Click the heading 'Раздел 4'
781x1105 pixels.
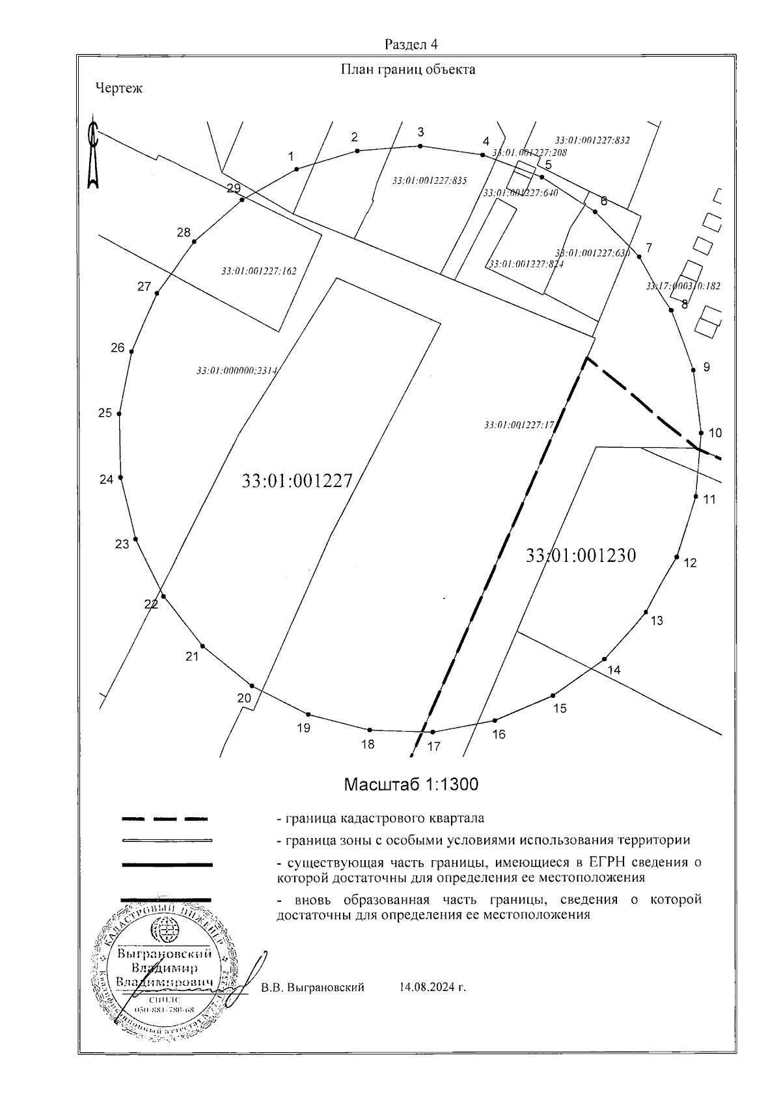pyautogui.click(x=411, y=44)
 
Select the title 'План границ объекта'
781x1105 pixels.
pyautogui.click(x=408, y=70)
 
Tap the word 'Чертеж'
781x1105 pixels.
pyautogui.click(x=118, y=88)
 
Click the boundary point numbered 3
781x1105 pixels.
pyautogui.click(x=420, y=146)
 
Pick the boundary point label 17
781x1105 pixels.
pyautogui.click(x=433, y=747)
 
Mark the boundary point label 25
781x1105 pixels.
pyautogui.click(x=105, y=412)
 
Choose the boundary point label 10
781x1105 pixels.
pyautogui.click(x=715, y=433)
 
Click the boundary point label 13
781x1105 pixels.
pyautogui.click(x=657, y=621)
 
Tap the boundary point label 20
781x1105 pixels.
pyautogui.click(x=244, y=699)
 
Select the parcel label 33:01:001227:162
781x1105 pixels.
pyautogui.click(x=258, y=271)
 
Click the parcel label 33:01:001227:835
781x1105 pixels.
pyautogui.click(x=430, y=180)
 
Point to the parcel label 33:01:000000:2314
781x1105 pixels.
pyautogui.click(x=237, y=371)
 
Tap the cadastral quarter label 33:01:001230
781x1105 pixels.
pyautogui.click(x=581, y=555)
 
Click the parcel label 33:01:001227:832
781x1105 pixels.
pyautogui.click(x=592, y=139)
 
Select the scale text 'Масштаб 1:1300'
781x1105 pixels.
pyautogui.click(x=411, y=785)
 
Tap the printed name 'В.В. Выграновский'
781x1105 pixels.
pyautogui.click(x=312, y=987)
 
